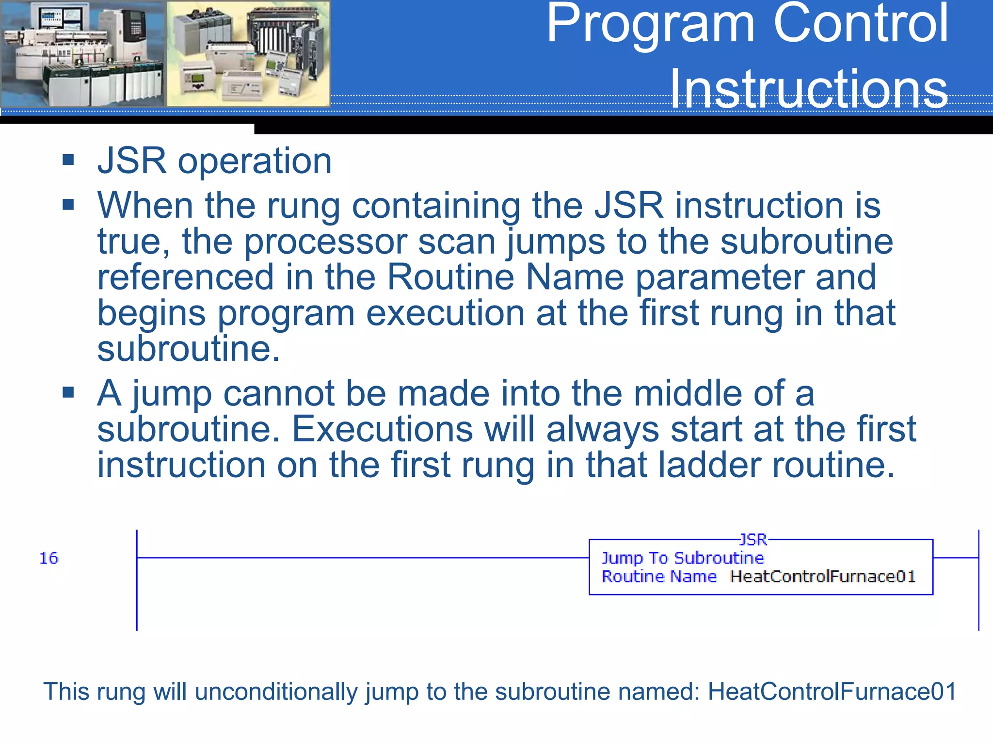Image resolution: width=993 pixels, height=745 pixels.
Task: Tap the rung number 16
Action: [x=48, y=558]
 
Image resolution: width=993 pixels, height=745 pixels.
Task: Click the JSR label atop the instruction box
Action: [x=753, y=539]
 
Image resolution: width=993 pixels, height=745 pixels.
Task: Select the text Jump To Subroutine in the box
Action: [x=683, y=558]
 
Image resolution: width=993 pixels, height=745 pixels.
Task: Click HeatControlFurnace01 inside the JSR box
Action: [x=823, y=577]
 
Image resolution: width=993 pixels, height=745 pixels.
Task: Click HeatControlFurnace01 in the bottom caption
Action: [x=832, y=691]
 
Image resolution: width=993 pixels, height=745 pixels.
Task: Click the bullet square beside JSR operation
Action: [x=68, y=160]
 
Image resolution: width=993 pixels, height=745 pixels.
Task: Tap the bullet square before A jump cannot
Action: [x=68, y=392]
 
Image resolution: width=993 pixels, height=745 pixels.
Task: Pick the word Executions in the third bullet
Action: [x=382, y=429]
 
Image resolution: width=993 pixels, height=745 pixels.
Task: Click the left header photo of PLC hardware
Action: [x=82, y=53]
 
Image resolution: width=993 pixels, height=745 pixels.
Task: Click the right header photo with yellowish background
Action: [x=248, y=53]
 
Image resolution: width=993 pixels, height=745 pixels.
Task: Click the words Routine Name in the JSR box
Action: [x=659, y=577]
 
